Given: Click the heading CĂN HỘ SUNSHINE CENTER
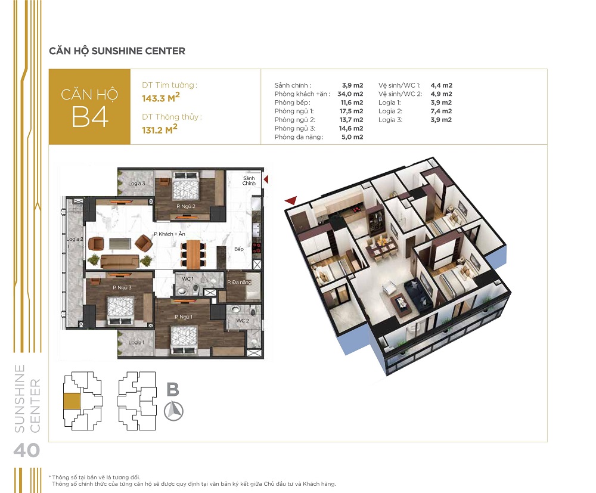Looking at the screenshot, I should (117, 51).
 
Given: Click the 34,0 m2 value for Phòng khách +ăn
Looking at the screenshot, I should (351, 94).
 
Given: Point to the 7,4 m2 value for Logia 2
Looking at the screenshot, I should (441, 111).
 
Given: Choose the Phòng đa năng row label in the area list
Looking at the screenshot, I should (299, 137).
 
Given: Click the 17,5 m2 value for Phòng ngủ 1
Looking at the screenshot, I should (352, 111).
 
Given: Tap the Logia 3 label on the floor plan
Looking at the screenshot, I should (136, 184).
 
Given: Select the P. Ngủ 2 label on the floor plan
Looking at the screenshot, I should (186, 206).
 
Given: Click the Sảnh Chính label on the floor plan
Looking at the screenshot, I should (249, 181).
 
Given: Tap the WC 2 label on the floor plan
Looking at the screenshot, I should (242, 320).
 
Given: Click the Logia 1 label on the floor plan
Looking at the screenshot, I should (135, 343).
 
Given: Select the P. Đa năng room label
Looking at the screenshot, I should (237, 281).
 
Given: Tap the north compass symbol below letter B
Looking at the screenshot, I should (173, 411).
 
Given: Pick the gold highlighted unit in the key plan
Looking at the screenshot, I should (72, 401).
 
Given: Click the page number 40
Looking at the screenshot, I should (26, 450).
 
